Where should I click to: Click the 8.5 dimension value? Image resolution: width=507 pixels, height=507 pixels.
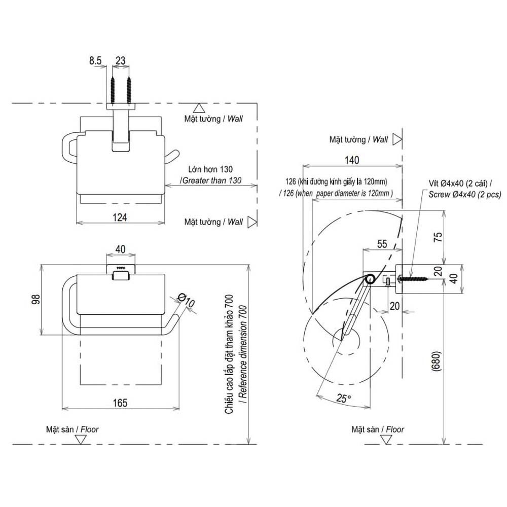tap(95, 61)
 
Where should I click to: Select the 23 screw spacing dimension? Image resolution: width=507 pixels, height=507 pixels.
tap(121, 61)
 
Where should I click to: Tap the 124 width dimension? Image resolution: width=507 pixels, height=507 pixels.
tap(119, 217)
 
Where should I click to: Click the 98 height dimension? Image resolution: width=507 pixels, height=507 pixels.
tap(35, 300)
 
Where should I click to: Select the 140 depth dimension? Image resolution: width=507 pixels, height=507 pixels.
tap(352, 161)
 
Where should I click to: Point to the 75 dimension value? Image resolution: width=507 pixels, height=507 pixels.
tap(439, 236)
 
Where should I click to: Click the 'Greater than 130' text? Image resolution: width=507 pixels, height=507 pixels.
tap(212, 180)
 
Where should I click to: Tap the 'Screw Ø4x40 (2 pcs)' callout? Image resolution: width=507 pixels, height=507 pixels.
tap(464, 194)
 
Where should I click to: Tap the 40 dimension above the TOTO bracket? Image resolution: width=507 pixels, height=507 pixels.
tap(121, 249)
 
